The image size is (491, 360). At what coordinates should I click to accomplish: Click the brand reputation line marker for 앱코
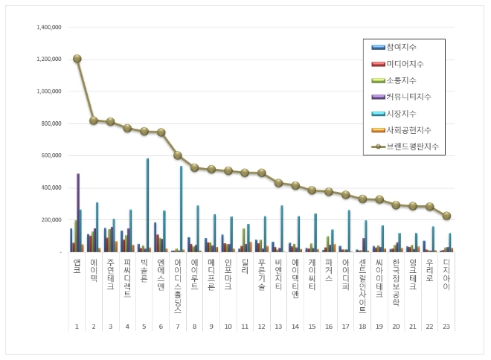(77, 59)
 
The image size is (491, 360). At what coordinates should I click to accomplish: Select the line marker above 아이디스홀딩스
(178, 155)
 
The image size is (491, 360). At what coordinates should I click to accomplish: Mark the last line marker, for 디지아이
(446, 216)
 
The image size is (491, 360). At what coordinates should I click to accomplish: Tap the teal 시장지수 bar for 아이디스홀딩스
(181, 209)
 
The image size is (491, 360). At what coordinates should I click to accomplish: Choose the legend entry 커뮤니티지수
(408, 97)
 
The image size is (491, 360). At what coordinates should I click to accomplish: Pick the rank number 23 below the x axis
(446, 327)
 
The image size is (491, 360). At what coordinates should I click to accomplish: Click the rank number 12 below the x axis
(261, 327)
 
